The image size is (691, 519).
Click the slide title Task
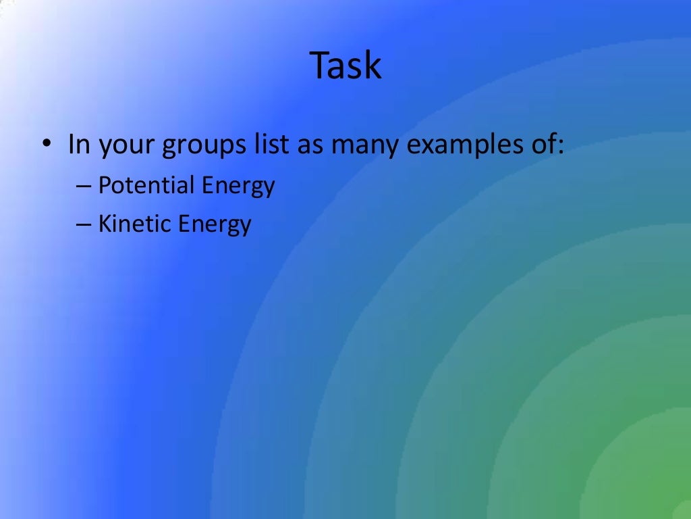click(x=345, y=66)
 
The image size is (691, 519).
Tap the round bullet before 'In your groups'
click(x=45, y=145)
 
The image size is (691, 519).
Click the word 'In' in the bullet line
click(x=79, y=145)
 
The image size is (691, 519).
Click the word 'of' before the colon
click(x=541, y=145)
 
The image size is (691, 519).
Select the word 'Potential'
click(x=140, y=185)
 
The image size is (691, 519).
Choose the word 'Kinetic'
click(x=132, y=223)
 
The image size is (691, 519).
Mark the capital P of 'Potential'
click(x=105, y=185)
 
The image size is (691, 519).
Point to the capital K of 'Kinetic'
click(x=105, y=223)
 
